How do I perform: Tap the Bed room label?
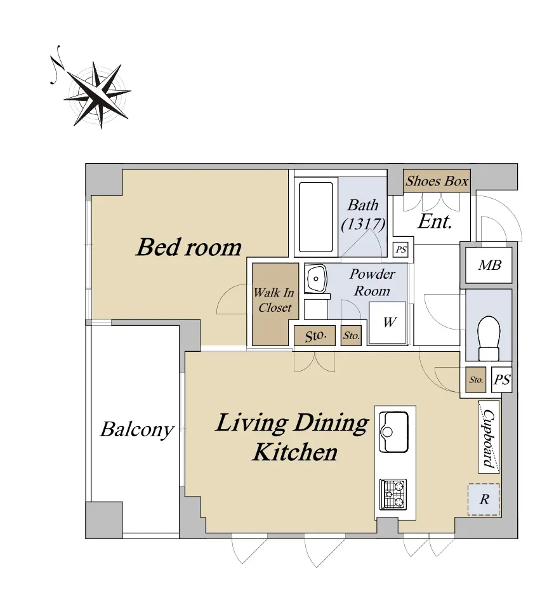click(x=188, y=247)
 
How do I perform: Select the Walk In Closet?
click(x=275, y=304)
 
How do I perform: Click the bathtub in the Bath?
click(x=316, y=217)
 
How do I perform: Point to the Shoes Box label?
click(x=437, y=181)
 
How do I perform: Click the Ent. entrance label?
click(x=435, y=222)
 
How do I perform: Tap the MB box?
click(x=489, y=265)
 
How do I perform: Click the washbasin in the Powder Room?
click(x=315, y=278)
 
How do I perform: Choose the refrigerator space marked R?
click(x=484, y=499)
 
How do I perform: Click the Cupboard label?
click(x=489, y=437)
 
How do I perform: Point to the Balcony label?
click(x=136, y=430)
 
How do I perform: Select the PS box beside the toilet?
click(x=502, y=380)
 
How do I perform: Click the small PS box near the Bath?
click(x=401, y=250)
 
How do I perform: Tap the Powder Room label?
click(x=372, y=283)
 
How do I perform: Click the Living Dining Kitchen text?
click(x=293, y=437)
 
